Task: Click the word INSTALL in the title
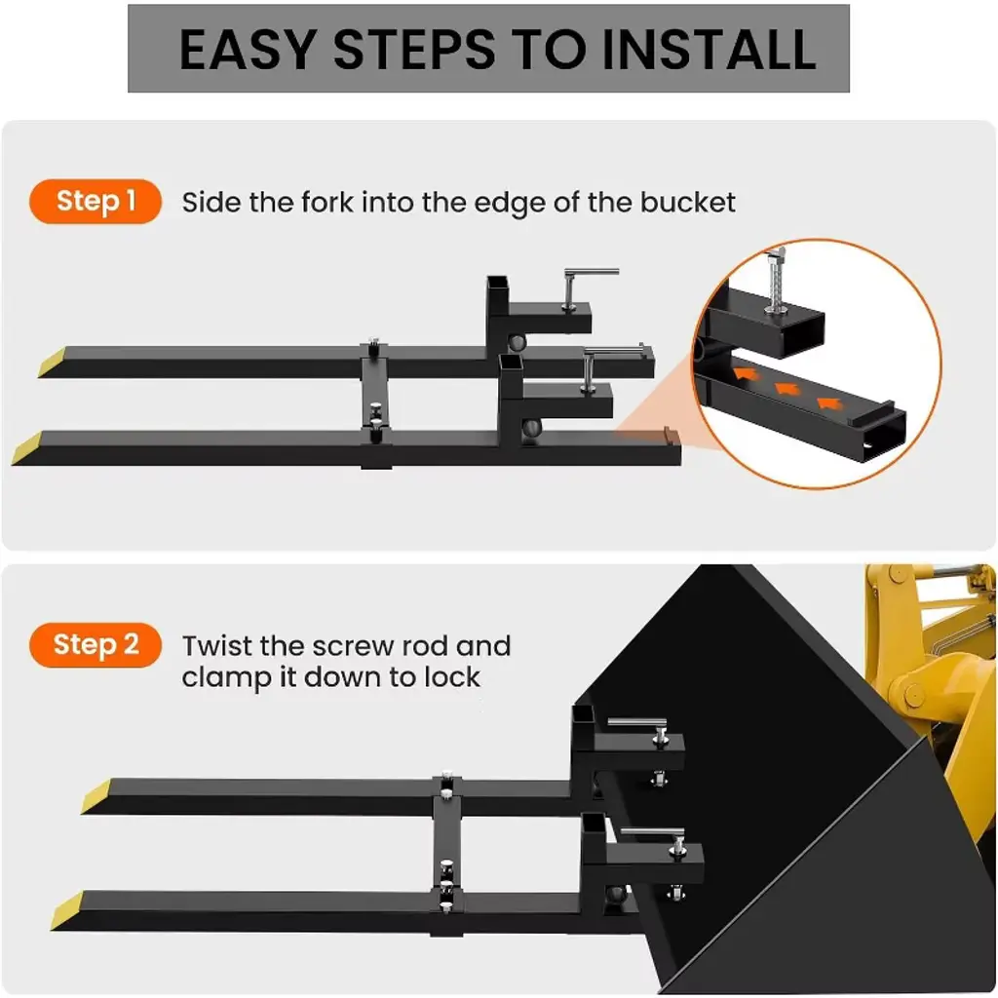coord(709,49)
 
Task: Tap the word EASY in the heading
coord(249,49)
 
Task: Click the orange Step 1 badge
coord(96,201)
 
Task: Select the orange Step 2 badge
coord(96,645)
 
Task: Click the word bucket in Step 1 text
coord(687,203)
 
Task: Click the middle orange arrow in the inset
coord(787,388)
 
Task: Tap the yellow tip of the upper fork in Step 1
coord(52,363)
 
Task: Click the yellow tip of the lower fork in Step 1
coord(26,448)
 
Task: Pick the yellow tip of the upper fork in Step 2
coord(96,796)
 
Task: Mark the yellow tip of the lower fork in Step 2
coord(67,911)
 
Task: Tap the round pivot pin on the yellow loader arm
coord(913,694)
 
